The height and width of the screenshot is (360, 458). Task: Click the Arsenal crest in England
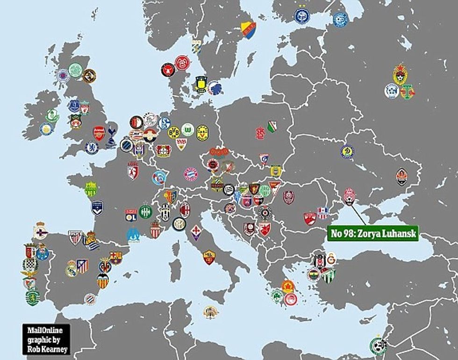[99, 132]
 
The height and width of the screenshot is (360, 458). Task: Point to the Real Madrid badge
[72, 268]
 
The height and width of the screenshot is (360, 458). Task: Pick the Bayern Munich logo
[191, 174]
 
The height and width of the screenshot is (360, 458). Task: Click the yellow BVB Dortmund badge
[174, 132]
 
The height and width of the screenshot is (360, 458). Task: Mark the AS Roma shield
[208, 257]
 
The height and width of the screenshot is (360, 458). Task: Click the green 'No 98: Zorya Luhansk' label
[373, 232]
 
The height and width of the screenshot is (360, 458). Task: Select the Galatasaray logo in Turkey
[331, 258]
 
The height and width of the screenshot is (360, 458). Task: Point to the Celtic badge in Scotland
[75, 70]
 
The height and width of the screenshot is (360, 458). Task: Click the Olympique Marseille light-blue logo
[134, 234]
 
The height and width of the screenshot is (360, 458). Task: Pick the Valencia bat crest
[103, 281]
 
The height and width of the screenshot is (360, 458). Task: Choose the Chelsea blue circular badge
[92, 148]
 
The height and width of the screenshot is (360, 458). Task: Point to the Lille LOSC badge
[133, 172]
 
